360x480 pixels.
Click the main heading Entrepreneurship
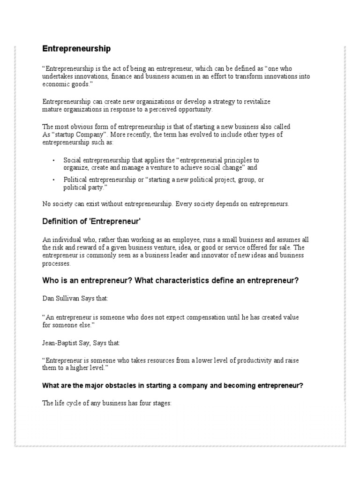76,48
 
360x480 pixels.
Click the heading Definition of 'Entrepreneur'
92,221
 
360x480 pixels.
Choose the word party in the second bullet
97,187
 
